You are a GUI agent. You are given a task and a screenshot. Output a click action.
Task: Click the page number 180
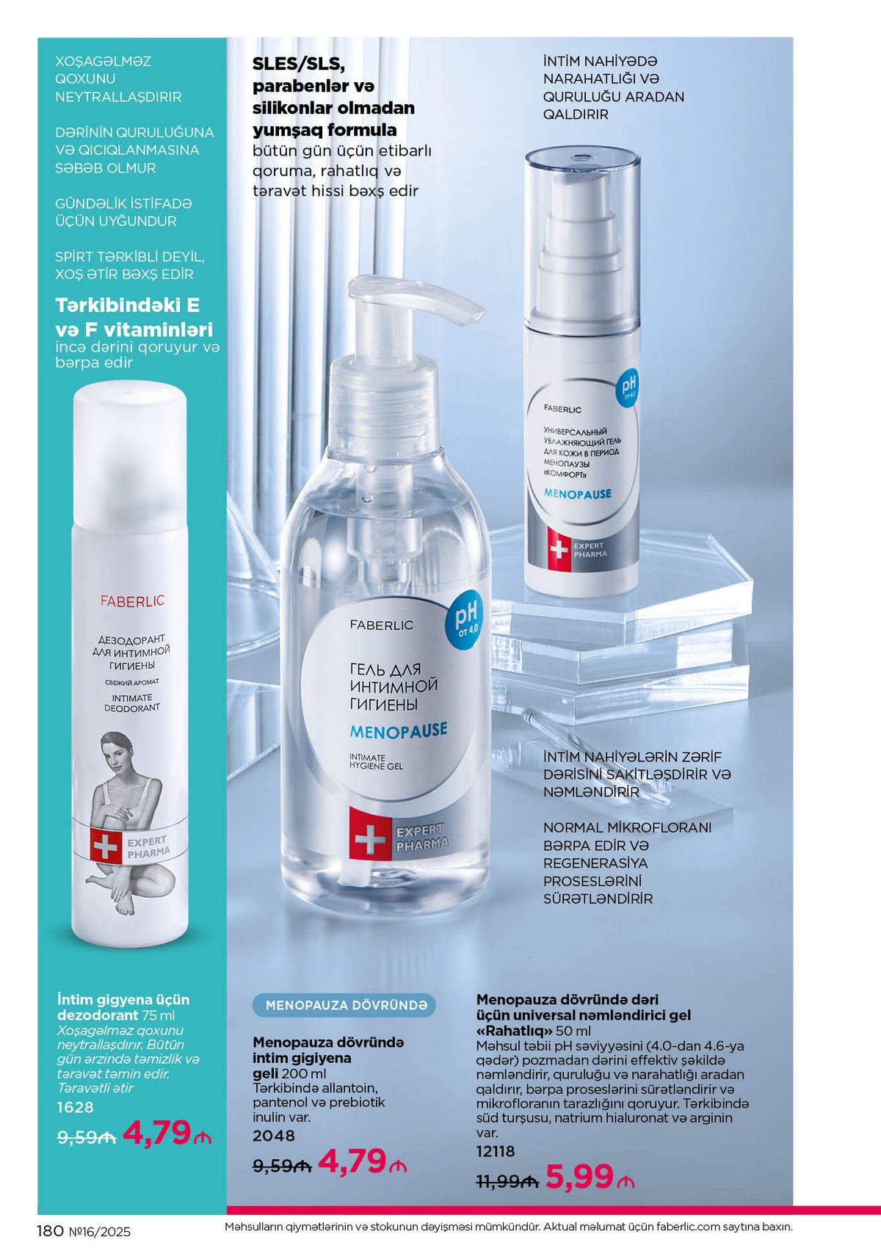tap(51, 1231)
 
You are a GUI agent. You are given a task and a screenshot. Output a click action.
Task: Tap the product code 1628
tap(75, 1107)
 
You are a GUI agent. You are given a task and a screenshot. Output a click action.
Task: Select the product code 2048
tap(274, 1136)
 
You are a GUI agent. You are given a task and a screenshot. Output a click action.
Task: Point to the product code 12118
tap(496, 1151)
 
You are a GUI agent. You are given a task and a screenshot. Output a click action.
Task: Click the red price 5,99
tap(579, 1177)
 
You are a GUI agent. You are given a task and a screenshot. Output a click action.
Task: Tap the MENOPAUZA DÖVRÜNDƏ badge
tap(344, 1005)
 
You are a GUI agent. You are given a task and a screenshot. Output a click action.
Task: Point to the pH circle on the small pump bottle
tap(628, 387)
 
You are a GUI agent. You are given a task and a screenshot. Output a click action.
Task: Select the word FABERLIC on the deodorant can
tap(132, 601)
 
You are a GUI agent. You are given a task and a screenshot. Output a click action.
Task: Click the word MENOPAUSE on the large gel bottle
tap(399, 731)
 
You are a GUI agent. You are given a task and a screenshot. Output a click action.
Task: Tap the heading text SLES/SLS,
tap(299, 65)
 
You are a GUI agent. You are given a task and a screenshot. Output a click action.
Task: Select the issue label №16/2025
tap(100, 1232)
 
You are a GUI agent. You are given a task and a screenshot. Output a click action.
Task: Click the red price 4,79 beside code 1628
tap(158, 1132)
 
